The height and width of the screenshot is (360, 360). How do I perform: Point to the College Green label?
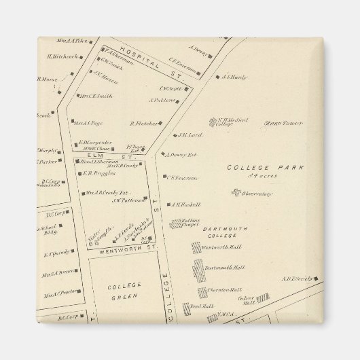pos(124,291)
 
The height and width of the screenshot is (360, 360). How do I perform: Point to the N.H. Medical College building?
pos(213,123)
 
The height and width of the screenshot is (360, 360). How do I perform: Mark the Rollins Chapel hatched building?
pos(176,223)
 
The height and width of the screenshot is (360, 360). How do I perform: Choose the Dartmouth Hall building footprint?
pos(198,271)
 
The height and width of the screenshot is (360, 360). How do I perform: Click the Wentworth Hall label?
pos(218,249)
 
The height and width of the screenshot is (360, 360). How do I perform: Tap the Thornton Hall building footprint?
pos(202,293)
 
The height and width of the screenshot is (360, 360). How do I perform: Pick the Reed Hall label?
pos(183,306)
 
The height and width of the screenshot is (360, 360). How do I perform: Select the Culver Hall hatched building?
pos(262,298)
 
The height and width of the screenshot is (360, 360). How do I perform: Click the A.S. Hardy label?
pos(234,77)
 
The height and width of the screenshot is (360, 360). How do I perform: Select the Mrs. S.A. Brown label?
pos(57,274)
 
